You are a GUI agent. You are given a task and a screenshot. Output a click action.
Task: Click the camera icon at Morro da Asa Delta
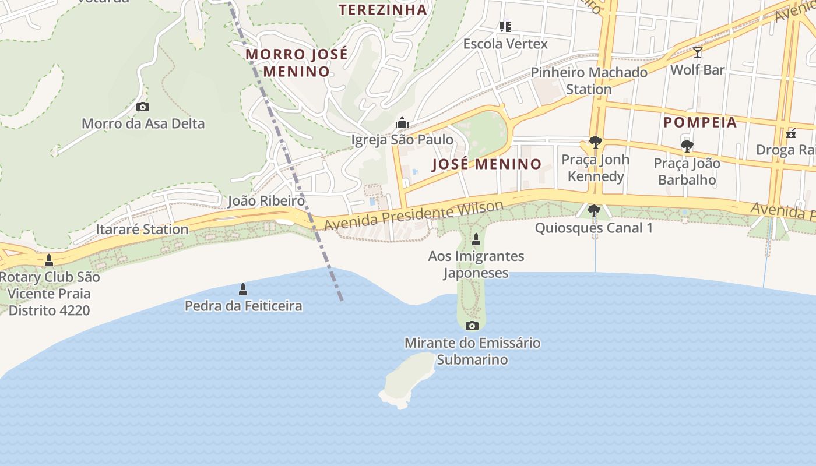pyautogui.click(x=142, y=107)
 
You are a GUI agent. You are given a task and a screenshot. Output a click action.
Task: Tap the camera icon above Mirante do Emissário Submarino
pyautogui.click(x=472, y=326)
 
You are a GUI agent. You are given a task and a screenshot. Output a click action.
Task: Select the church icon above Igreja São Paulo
pyautogui.click(x=402, y=122)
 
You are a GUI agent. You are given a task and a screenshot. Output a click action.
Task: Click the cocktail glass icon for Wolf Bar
pyautogui.click(x=697, y=52)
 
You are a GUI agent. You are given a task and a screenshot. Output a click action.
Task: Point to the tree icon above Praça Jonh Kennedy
pyautogui.click(x=595, y=142)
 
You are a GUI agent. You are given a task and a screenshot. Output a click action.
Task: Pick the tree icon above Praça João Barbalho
pyautogui.click(x=687, y=146)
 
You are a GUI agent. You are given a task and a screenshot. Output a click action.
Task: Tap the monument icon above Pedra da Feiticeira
pyautogui.click(x=243, y=289)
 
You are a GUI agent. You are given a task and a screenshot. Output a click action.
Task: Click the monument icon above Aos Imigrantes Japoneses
pyautogui.click(x=476, y=239)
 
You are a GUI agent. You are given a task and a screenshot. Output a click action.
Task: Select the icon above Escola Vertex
pyautogui.click(x=505, y=26)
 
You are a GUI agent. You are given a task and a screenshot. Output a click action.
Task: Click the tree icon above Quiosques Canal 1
pyautogui.click(x=594, y=210)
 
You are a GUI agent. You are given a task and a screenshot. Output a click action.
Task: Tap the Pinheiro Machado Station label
pyautogui.click(x=589, y=81)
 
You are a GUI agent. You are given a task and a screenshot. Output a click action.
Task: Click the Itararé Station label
pyautogui.click(x=142, y=229)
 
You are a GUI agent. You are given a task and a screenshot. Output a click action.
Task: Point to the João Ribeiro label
pyautogui.click(x=266, y=201)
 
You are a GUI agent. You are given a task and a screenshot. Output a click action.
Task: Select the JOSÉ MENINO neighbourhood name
pyautogui.click(x=487, y=164)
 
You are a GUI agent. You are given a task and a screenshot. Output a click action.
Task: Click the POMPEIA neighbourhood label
pyautogui.click(x=700, y=122)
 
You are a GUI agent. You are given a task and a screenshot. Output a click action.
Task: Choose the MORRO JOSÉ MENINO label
pyautogui.click(x=296, y=63)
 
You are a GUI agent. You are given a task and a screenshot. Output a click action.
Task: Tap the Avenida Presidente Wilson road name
pyautogui.click(x=414, y=216)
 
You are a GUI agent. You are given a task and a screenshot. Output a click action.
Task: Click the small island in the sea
pyautogui.click(x=408, y=379)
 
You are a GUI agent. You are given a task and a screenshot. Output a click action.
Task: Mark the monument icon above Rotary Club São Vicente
pyautogui.click(x=49, y=260)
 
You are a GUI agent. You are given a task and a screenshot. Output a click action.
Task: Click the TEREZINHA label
pyautogui.click(x=382, y=10)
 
